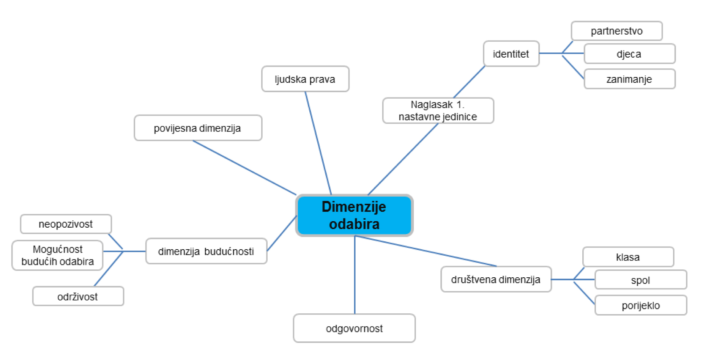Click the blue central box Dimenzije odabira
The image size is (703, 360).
pyautogui.click(x=354, y=215)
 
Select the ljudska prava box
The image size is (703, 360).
pyautogui.click(x=305, y=79)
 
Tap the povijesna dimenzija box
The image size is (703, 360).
pyautogui.click(x=198, y=128)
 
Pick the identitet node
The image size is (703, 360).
pyautogui.click(x=511, y=54)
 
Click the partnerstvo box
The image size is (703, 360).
pyautogui.click(x=616, y=31)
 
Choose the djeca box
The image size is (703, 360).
pyautogui.click(x=629, y=54)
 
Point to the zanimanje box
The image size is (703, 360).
pyautogui.click(x=629, y=79)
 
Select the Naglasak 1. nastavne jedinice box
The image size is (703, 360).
pyautogui.click(x=438, y=110)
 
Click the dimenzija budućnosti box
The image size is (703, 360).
pyautogui.click(x=206, y=251)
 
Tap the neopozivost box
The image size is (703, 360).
pyautogui.click(x=66, y=224)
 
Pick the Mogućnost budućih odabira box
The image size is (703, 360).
pyautogui.click(x=57, y=255)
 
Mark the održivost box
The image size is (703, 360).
pyautogui.click(x=78, y=296)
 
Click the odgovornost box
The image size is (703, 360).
pyautogui.click(x=354, y=328)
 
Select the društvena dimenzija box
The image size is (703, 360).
pyautogui.click(x=496, y=280)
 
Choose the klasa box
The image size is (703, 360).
pyautogui.click(x=628, y=257)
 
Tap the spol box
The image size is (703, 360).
pyautogui.click(x=640, y=280)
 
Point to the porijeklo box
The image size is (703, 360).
pyautogui.click(x=641, y=305)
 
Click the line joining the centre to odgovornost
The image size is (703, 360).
pyautogui.click(x=355, y=275)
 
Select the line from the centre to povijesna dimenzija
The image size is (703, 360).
pyautogui.click(x=245, y=168)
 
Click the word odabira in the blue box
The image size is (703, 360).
pyautogui.click(x=354, y=224)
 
